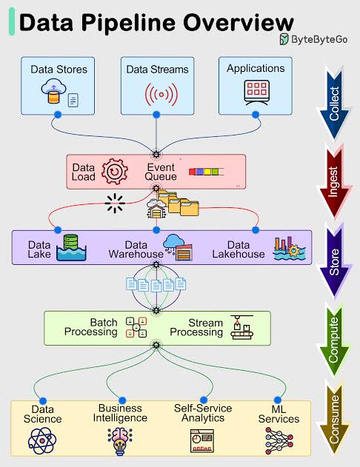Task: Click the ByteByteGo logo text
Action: point(319,39)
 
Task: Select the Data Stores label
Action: point(59,70)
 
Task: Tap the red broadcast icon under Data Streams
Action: point(161,95)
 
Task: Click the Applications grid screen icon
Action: point(256,93)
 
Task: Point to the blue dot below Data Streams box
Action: point(156,115)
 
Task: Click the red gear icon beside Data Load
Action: point(115,172)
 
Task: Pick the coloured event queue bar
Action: point(206,172)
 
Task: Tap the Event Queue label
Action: point(161,172)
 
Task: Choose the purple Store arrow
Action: point(334,261)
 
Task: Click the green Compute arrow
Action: point(334,340)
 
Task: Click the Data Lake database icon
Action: point(71,247)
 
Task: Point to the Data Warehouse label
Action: point(136,249)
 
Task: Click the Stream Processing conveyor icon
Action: point(242,327)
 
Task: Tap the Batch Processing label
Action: point(91,327)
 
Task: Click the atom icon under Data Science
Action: point(42,440)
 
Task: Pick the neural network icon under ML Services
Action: point(279,441)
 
